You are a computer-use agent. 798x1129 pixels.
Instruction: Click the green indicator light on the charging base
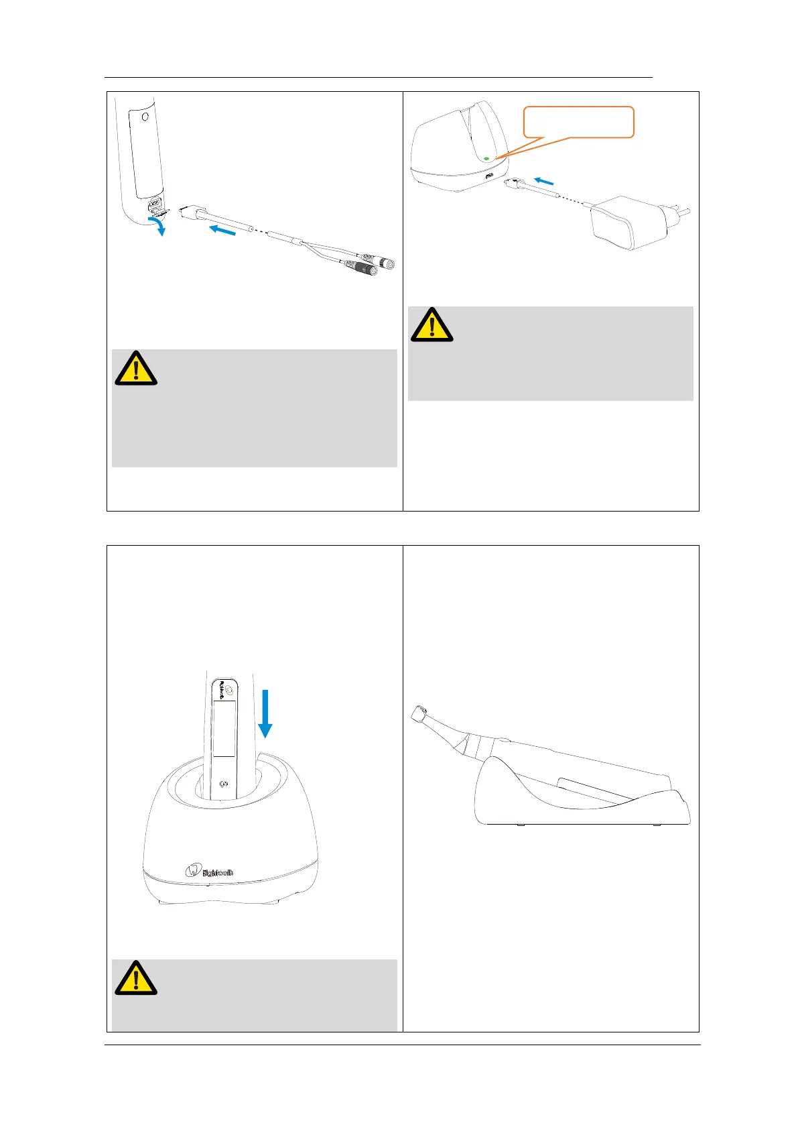tap(486, 159)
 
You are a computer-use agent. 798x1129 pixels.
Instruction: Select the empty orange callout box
tap(578, 122)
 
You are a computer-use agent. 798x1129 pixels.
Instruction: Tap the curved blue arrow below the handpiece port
tap(157, 225)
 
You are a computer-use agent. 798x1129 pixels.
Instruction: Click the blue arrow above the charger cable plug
tap(544, 180)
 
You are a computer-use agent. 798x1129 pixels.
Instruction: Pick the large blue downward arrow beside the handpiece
tap(266, 713)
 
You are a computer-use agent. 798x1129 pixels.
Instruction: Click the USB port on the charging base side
tap(489, 176)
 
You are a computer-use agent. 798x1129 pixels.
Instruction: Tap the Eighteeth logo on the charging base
tap(210, 872)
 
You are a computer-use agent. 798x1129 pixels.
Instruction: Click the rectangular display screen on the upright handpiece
tap(224, 728)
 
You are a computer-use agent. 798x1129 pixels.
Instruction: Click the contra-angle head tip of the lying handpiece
tap(419, 713)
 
